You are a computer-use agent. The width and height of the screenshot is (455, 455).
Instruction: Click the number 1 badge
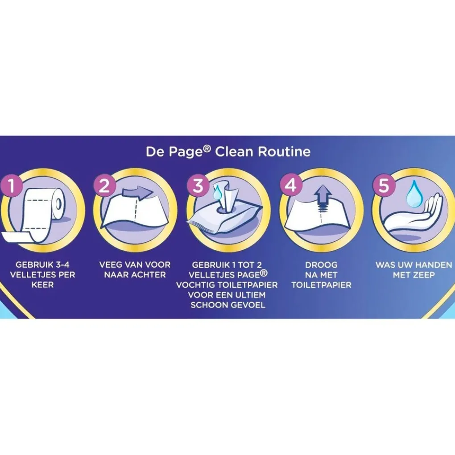tap(11, 185)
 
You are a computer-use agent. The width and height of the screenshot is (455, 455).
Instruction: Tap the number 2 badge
tap(104, 185)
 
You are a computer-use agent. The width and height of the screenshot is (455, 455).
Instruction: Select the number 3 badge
tap(198, 185)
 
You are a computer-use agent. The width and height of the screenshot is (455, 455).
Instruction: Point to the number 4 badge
tap(291, 185)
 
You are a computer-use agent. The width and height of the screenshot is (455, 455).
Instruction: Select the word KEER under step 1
tap(43, 285)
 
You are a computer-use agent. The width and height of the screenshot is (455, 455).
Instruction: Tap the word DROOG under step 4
tap(321, 265)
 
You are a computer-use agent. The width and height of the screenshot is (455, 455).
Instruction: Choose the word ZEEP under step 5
tap(425, 274)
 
